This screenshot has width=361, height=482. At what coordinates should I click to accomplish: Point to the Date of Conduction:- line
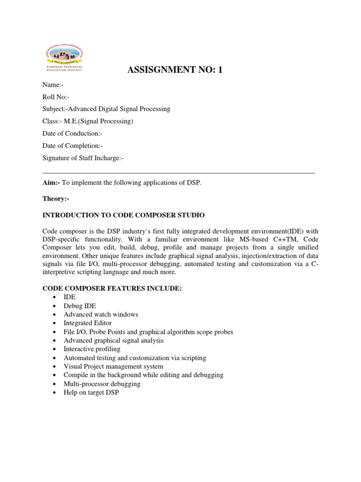72,134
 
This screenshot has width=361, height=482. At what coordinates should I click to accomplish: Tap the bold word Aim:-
51,183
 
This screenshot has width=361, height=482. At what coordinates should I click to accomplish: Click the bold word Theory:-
55,199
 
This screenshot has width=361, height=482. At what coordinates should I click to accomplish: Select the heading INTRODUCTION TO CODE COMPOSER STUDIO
124,215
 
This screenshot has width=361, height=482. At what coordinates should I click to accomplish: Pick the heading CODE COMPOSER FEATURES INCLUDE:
112,288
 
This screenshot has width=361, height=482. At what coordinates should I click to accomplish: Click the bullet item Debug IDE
80,306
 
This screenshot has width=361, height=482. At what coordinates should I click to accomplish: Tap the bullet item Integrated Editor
88,323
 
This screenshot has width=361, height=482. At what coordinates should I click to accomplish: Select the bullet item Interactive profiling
92,349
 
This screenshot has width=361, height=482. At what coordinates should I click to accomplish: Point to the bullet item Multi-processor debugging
102,384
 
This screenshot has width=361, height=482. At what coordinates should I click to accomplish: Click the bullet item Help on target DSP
92,392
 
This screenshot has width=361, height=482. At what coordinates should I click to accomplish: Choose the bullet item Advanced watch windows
101,314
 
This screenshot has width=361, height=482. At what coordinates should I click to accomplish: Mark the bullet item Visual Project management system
113,366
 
